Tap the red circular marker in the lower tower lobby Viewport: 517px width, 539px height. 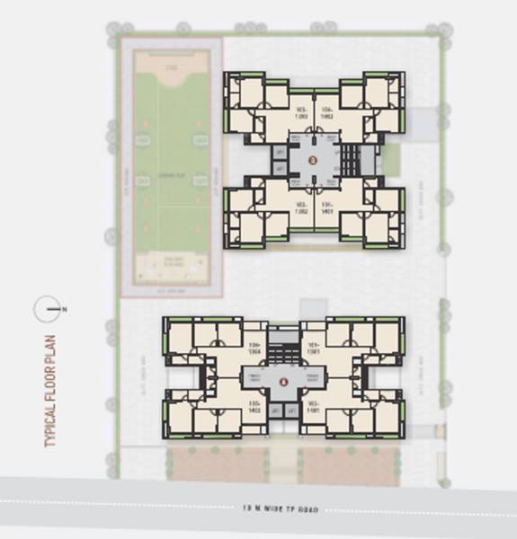[283, 381]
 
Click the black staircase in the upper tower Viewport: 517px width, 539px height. [351, 160]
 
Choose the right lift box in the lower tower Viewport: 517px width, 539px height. [292, 411]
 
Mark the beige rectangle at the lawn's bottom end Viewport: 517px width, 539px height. [171, 264]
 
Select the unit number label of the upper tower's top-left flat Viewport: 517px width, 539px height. [301, 113]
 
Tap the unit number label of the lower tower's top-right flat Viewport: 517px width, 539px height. [314, 349]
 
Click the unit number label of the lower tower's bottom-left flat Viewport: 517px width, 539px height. [254, 407]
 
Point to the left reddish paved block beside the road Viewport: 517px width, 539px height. [216, 465]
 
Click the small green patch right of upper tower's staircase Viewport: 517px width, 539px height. [389, 160]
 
